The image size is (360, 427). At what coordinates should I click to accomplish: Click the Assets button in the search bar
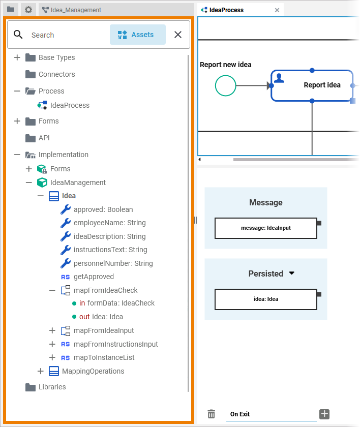pyautogui.click(x=137, y=35)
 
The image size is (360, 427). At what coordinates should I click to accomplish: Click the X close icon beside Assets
pyautogui.click(x=178, y=35)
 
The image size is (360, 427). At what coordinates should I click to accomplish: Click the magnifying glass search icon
pyautogui.click(x=18, y=35)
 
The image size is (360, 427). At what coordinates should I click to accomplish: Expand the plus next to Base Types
pyautogui.click(x=17, y=57)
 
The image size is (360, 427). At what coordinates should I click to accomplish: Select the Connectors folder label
pyautogui.click(x=56, y=74)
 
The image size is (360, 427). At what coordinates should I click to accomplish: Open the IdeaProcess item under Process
pyautogui.click(x=70, y=105)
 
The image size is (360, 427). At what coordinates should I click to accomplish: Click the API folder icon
pyautogui.click(x=31, y=138)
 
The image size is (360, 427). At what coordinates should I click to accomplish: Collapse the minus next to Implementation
pyautogui.click(x=17, y=155)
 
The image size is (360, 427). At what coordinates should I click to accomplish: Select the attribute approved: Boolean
pyautogui.click(x=103, y=209)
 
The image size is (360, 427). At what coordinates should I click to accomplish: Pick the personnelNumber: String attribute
pyautogui.click(x=113, y=263)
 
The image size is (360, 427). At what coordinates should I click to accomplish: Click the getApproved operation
pyautogui.click(x=94, y=277)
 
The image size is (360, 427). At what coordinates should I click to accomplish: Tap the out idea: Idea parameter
pyautogui.click(x=101, y=317)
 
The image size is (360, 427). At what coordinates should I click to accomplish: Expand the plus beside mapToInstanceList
pyautogui.click(x=52, y=357)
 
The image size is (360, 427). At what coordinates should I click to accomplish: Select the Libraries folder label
pyautogui.click(x=52, y=387)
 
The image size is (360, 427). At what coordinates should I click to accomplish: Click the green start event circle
pyautogui.click(x=226, y=85)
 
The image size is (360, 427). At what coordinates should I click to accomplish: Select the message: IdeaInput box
pyautogui.click(x=265, y=228)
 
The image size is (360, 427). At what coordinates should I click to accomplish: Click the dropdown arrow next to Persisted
pyautogui.click(x=292, y=273)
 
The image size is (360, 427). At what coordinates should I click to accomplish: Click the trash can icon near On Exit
pyautogui.click(x=212, y=414)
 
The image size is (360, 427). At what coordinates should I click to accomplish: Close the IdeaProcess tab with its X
pyautogui.click(x=277, y=10)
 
